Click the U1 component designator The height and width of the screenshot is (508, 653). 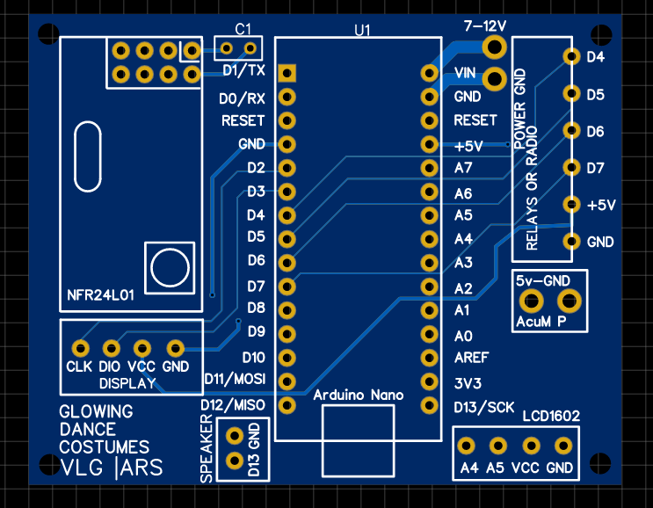(362, 30)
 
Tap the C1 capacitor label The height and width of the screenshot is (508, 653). (243, 29)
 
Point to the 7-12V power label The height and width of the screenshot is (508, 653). (485, 26)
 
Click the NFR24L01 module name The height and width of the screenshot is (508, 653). (100, 295)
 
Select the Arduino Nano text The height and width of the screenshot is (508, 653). (359, 395)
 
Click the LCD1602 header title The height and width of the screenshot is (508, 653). (551, 416)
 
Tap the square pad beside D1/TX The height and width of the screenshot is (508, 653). (287, 73)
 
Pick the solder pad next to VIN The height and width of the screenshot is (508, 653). (429, 73)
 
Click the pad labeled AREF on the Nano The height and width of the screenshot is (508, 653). (429, 358)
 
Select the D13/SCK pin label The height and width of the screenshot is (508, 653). (484, 407)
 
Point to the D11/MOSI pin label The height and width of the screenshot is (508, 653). (235, 379)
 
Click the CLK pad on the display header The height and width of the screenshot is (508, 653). (80, 348)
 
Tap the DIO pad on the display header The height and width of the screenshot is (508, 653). (112, 348)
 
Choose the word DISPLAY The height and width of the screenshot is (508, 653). (127, 383)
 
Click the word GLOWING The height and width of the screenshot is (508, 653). (96, 411)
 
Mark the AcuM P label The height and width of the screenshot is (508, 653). (541, 322)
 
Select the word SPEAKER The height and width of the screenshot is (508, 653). (207, 449)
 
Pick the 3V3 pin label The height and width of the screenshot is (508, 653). (468, 383)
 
